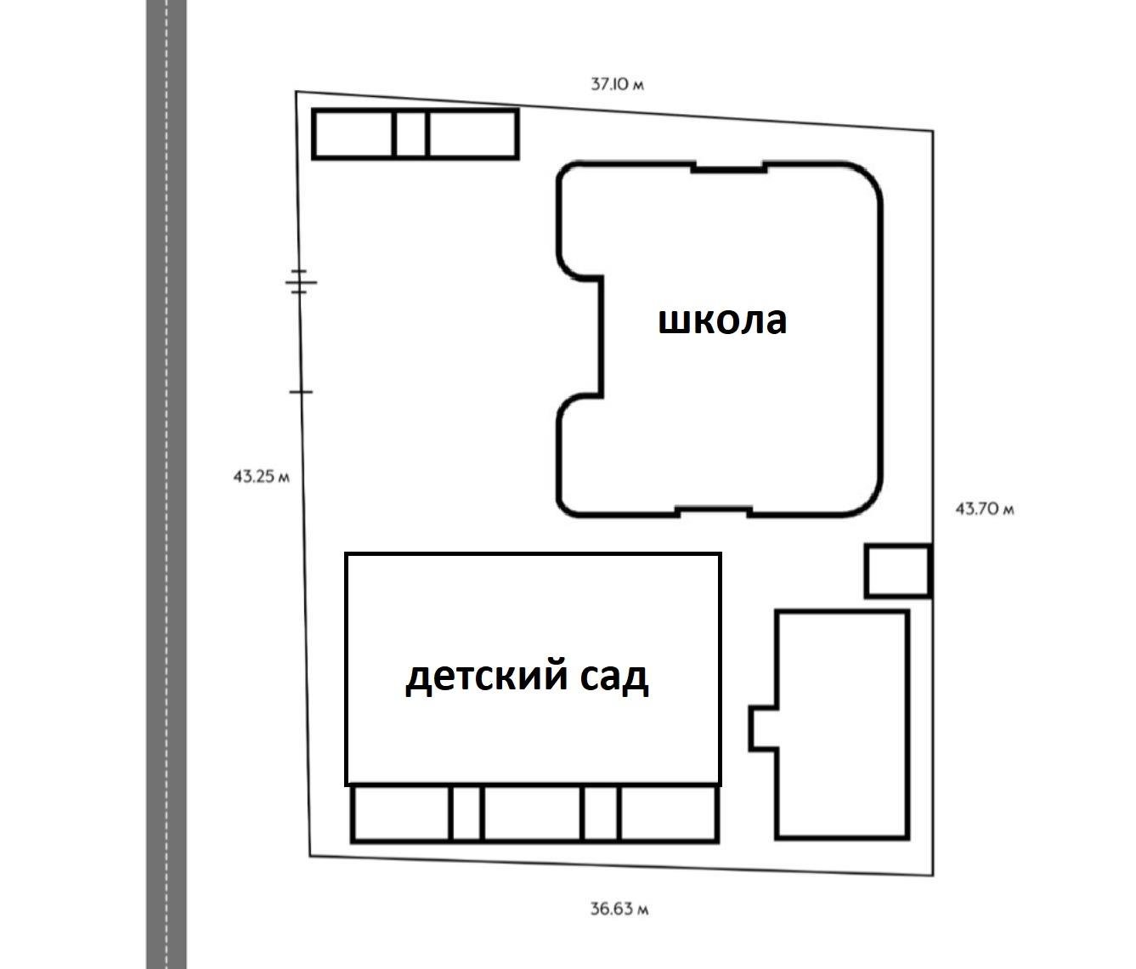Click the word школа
[723, 321]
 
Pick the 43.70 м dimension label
[985, 509]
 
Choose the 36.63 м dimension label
[619, 909]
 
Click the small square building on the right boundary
[897, 571]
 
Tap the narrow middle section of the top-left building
[411, 134]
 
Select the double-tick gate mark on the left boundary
[299, 281]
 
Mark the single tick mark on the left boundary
[301, 392]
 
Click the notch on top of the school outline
[728, 167]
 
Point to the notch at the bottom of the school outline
[714, 512]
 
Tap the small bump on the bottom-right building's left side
[763, 728]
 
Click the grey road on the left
[167, 484]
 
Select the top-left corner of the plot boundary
[297, 92]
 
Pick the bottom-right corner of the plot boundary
[933, 876]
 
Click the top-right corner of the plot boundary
[933, 131]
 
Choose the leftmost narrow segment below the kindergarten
[465, 813]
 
